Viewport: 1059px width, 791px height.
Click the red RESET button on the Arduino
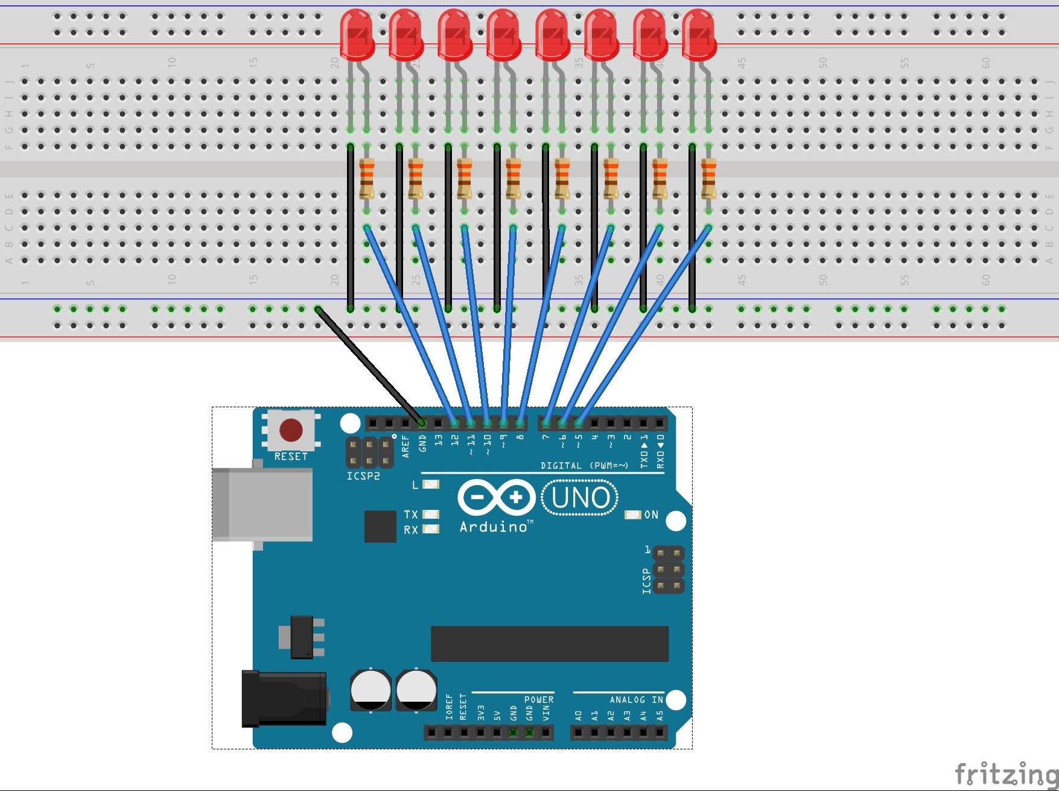pos(291,430)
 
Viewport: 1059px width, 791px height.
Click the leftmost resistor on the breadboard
pos(366,178)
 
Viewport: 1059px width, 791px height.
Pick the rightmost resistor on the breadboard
pos(708,178)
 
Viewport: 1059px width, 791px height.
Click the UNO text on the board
pos(580,498)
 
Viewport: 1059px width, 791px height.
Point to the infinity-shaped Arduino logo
pos(496,498)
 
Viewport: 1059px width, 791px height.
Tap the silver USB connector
pos(262,504)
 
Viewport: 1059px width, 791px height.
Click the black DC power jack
pos(284,699)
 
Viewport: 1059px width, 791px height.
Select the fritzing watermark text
pos(1006,774)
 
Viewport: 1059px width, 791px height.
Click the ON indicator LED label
pos(651,515)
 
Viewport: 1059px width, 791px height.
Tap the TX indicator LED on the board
pos(430,514)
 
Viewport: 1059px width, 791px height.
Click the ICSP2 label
pos(363,476)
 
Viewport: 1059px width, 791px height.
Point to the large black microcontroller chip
pos(549,644)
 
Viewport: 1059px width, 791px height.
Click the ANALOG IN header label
pos(636,700)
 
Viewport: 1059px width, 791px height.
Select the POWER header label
pos(538,700)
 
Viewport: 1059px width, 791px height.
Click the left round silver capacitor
pos(370,690)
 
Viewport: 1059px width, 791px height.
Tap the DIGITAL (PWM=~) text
pos(584,466)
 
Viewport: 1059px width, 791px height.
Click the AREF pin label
pos(405,446)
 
